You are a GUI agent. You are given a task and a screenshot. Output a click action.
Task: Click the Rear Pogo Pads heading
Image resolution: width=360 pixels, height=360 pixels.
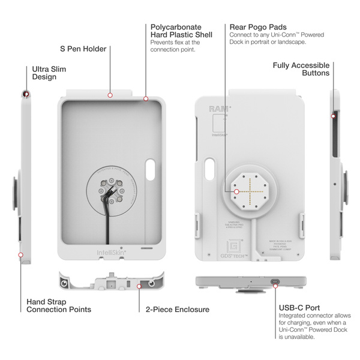pos(257,27)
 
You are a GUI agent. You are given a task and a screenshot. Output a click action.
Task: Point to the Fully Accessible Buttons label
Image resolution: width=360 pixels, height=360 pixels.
pos(301,69)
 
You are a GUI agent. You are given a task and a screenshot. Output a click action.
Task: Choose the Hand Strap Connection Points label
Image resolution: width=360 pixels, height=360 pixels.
pos(59,305)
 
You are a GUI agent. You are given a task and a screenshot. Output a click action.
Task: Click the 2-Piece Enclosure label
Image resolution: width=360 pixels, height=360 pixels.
pos(178,310)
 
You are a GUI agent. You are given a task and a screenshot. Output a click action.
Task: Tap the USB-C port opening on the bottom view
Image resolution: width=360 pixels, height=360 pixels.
pos(274,282)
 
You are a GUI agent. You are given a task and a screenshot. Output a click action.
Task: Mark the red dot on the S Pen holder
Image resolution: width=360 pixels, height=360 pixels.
pos(110,95)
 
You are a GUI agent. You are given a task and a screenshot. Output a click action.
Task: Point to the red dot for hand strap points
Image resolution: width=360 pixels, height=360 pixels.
pos(21,254)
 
